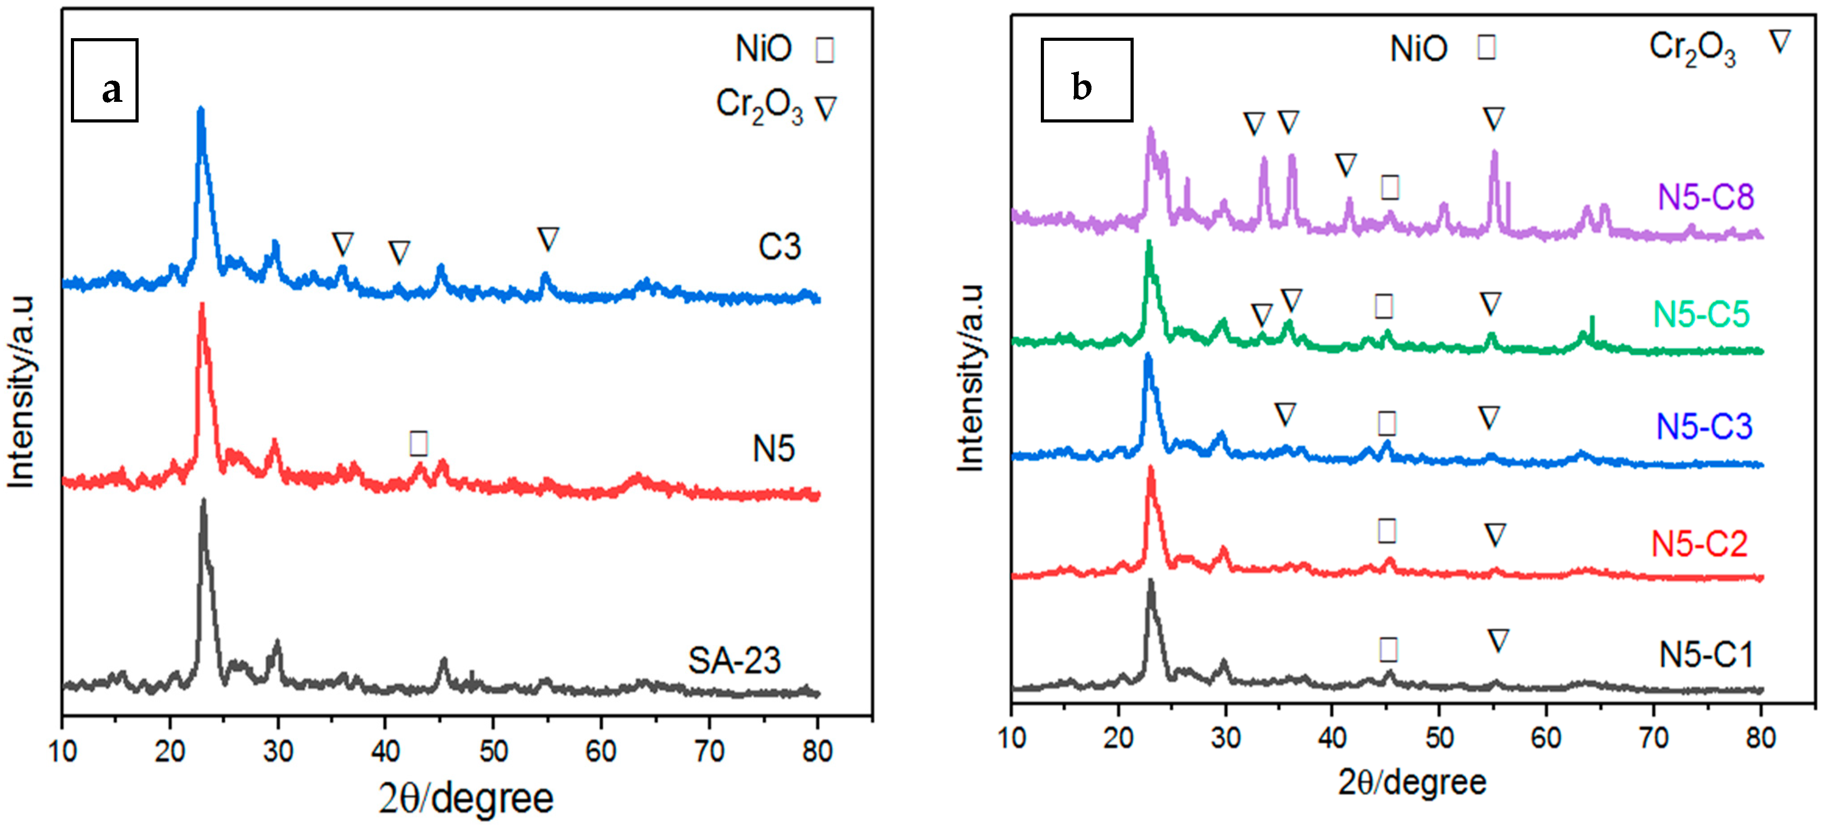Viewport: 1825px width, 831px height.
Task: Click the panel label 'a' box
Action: [x=105, y=80]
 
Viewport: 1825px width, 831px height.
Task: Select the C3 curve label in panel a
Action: [x=779, y=246]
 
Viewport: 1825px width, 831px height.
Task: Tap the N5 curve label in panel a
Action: [x=773, y=448]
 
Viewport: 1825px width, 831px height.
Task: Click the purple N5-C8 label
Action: [x=1705, y=196]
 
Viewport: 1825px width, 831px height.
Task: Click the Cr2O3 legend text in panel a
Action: [x=760, y=107]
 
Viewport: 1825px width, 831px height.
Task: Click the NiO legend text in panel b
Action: [x=1419, y=49]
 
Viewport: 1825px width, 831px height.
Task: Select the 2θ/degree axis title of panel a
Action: [x=466, y=799]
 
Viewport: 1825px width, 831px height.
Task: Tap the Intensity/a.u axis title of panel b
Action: [x=970, y=378]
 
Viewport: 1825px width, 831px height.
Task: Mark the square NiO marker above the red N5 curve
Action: [x=419, y=443]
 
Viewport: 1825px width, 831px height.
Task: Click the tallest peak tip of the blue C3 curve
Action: [x=201, y=110]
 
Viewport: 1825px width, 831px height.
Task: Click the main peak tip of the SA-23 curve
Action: [x=204, y=501]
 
